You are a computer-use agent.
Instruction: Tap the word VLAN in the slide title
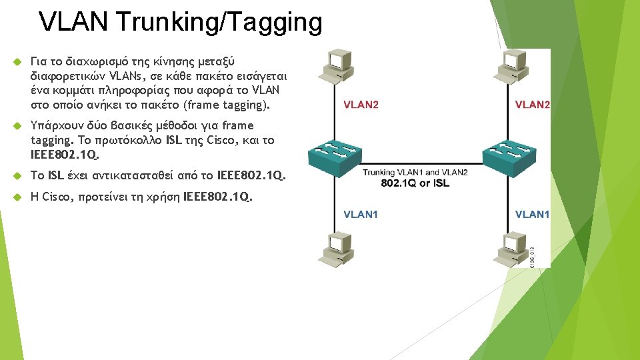coord(73,22)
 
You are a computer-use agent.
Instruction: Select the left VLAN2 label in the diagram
coord(361,105)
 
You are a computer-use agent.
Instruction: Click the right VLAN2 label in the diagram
coord(533,105)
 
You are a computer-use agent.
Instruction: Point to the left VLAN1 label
coord(361,214)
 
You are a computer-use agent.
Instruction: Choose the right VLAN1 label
coord(532,214)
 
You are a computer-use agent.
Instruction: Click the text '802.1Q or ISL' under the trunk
coord(415,183)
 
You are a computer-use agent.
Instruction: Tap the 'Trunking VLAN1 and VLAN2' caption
coord(415,173)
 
